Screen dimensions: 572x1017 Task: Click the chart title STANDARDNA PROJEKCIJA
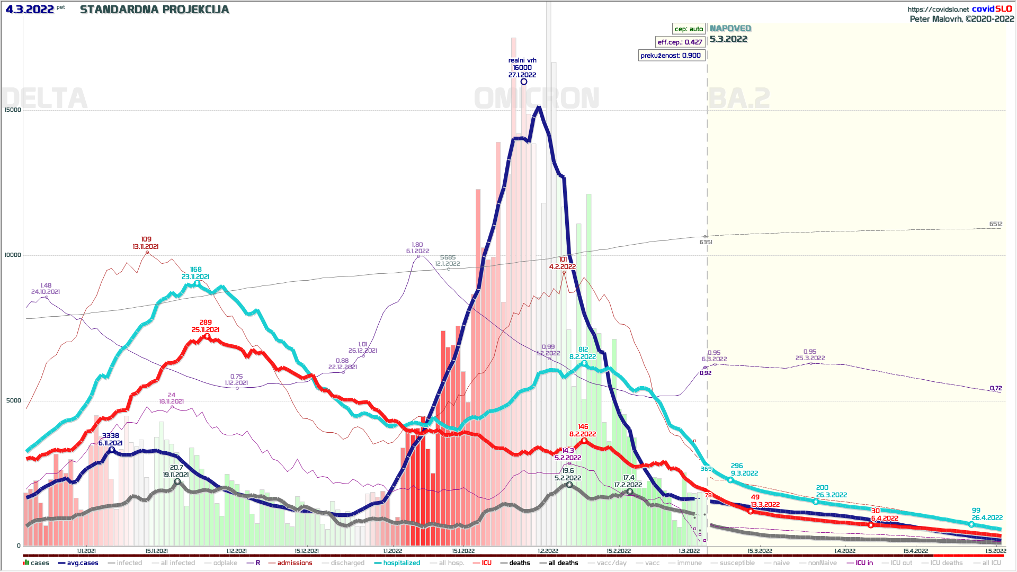154,10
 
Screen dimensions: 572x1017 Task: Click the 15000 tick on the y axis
13,110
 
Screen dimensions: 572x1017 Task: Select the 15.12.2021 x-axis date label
307,551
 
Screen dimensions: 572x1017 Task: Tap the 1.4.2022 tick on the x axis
845,551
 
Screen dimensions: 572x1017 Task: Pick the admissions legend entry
295,563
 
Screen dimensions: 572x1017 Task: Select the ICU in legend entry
864,563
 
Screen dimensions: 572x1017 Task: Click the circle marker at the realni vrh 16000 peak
523,82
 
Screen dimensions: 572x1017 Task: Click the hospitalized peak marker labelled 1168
197,284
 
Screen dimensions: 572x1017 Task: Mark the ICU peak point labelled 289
207,336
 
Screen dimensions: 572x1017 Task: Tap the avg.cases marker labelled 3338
111,450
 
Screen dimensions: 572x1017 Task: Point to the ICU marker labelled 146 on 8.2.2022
584,441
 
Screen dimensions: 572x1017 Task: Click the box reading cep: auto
689,29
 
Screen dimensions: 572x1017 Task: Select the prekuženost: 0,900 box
671,55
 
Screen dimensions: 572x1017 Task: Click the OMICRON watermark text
537,99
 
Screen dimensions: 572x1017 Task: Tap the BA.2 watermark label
739,99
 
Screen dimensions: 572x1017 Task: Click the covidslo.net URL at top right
938,9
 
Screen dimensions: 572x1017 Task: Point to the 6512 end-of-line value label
995,224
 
